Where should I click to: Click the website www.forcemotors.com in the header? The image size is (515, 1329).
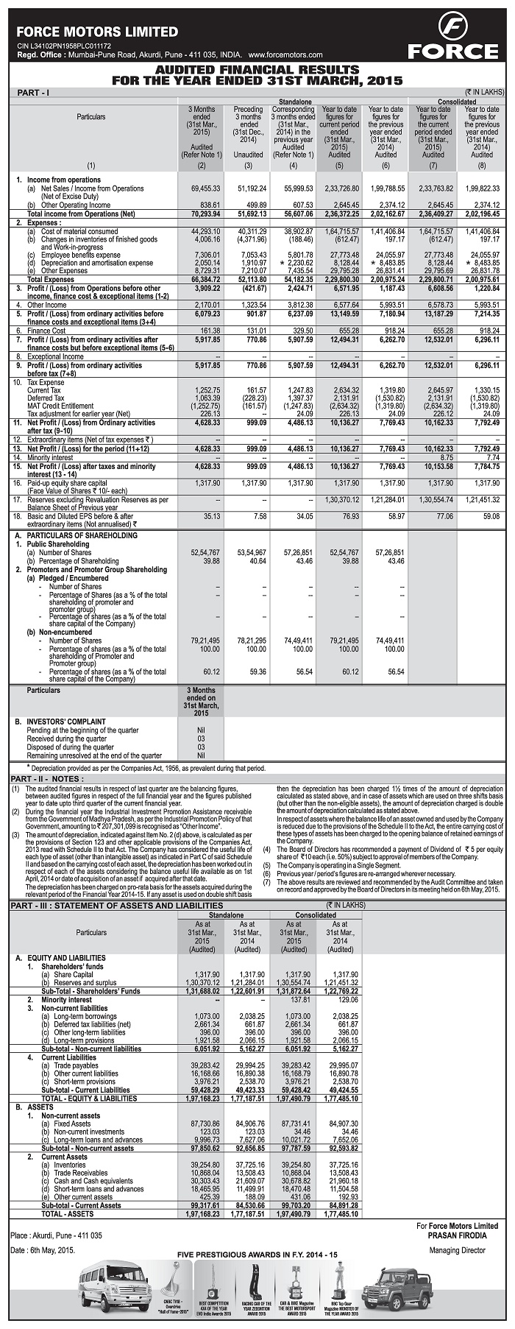pos(286,55)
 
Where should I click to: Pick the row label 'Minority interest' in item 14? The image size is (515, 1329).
pos(54,457)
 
